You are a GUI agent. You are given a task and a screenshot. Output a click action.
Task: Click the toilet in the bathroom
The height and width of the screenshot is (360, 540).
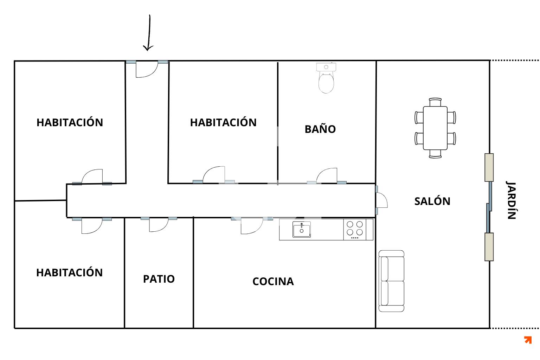pos(326,78)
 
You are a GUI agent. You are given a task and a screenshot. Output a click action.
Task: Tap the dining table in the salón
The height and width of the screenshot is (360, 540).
pos(435,128)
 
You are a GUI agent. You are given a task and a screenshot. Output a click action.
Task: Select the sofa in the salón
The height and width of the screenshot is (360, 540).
pos(391,281)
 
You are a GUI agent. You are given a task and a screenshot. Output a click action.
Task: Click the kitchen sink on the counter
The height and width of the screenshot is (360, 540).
pos(302,230)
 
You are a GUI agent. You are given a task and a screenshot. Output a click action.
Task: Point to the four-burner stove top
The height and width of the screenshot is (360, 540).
pos(355,230)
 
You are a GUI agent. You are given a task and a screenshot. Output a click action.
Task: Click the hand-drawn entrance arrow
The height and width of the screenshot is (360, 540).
pos(149,33)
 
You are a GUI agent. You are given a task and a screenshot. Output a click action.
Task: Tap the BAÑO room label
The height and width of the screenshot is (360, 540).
pos(320,129)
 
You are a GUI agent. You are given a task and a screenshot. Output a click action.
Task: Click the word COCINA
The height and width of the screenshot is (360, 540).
pos(273,281)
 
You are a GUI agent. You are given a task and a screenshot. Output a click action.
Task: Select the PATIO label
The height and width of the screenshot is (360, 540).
pos(159,279)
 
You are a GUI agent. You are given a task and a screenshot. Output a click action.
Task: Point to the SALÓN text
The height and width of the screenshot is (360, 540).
pos(432,201)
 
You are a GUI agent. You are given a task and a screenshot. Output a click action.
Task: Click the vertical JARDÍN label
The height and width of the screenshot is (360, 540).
pos(511,200)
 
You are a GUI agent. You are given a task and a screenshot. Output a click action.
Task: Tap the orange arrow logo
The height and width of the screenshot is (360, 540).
pos(528,340)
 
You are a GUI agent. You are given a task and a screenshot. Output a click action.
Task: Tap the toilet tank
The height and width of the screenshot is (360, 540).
pos(326,67)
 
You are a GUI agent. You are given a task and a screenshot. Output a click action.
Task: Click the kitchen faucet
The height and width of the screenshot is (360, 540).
pos(302,226)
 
